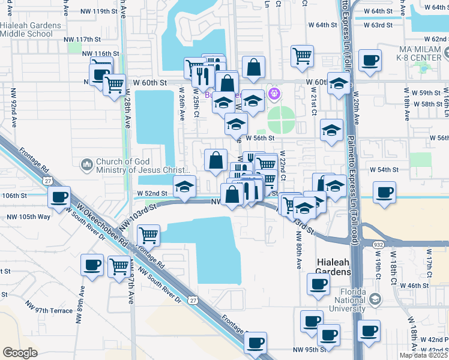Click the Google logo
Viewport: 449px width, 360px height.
20,353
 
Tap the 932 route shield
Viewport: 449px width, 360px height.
378,245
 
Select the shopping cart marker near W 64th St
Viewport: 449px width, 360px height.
302,56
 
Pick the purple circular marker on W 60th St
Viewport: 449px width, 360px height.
275,94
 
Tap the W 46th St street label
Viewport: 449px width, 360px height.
411,286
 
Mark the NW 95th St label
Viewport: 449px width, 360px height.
310,349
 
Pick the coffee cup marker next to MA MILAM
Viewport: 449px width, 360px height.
370,59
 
